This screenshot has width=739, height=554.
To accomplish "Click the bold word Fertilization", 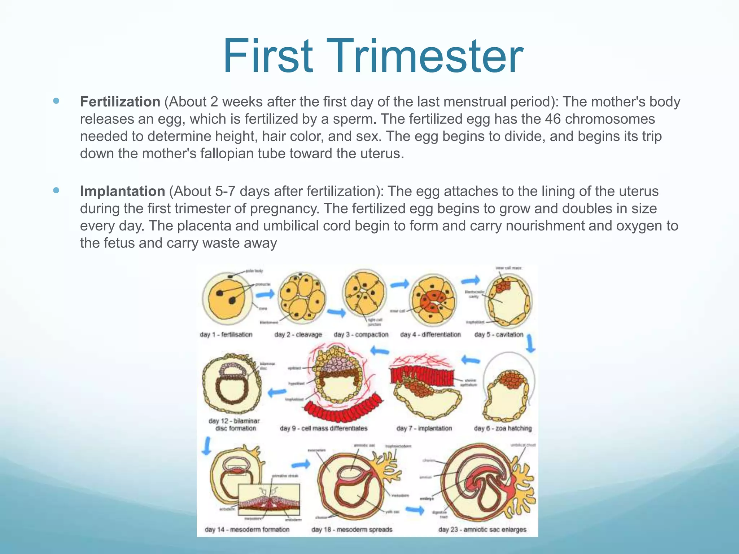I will (x=120, y=102).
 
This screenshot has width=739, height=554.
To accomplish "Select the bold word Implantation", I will (x=122, y=192).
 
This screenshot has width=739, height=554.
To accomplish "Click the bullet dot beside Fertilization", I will (x=56, y=101).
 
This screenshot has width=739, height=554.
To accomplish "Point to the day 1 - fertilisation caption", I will (x=226, y=335).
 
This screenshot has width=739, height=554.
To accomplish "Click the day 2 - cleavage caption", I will (x=298, y=335).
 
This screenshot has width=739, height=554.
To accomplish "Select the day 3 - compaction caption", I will (x=361, y=335).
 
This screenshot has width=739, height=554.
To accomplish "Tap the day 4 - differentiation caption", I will (x=430, y=335).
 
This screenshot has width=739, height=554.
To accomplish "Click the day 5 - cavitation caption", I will (x=499, y=335).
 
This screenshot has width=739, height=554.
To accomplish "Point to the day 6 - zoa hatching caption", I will (x=503, y=428).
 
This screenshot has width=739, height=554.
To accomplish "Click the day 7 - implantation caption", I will (x=424, y=428).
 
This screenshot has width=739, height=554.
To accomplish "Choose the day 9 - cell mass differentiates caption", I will (x=323, y=428).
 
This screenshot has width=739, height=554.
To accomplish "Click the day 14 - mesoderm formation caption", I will (x=247, y=530).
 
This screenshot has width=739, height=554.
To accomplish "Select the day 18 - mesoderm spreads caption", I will (x=351, y=530).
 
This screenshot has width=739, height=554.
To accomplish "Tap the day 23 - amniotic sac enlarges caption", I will (x=482, y=530).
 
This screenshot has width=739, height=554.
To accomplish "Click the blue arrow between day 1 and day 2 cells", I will (x=265, y=295).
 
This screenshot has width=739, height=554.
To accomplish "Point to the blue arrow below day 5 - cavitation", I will (x=530, y=344).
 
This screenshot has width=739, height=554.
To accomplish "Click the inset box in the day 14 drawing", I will (x=269, y=500).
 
